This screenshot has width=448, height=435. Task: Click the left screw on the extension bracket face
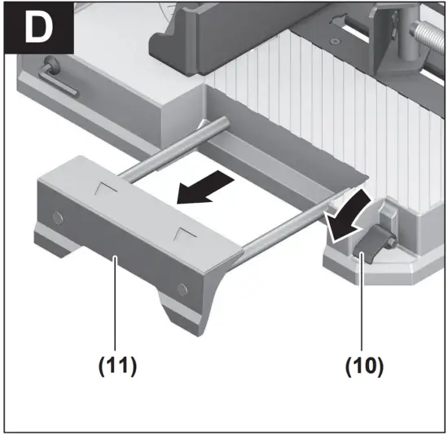click(x=56, y=217)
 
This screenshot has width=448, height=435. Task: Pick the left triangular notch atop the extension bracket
click(x=104, y=189)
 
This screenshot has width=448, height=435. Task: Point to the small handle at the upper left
click(x=59, y=77)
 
